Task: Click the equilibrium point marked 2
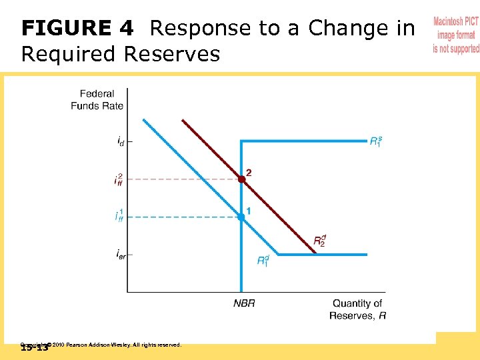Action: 241,179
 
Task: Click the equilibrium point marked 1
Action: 241,217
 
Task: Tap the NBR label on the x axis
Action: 244,303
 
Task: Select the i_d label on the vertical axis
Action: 120,141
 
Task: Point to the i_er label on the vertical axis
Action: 120,254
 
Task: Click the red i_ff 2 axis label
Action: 119,179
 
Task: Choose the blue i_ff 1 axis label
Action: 119,216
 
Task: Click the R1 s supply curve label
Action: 376,141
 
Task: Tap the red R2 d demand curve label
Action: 320,241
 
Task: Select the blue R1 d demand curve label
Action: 264,261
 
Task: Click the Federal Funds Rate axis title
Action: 97,99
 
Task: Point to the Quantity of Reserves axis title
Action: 357,309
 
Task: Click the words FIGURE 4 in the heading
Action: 77,29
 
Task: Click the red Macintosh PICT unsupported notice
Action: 455,35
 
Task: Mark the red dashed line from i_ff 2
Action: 180,179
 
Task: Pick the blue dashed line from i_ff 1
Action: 180,217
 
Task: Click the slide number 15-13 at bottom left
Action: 34,347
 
